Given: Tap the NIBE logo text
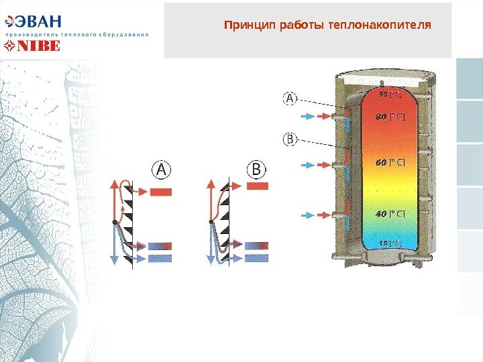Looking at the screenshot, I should click(x=38, y=46).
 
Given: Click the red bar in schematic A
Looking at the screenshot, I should click(x=161, y=193).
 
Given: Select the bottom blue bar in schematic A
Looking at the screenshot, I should click(x=160, y=258).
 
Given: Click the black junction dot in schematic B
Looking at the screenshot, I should click(x=211, y=221).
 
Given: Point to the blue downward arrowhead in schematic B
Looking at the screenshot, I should click(x=211, y=260).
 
